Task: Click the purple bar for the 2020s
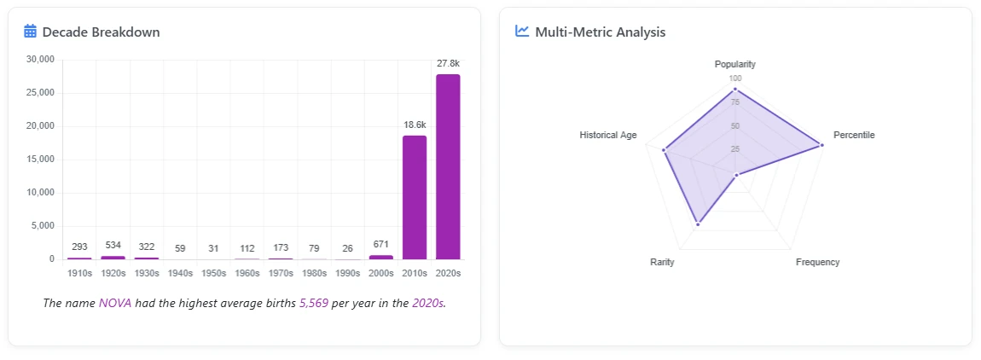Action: click(x=448, y=166)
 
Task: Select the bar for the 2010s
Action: click(x=415, y=197)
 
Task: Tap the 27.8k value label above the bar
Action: click(x=448, y=64)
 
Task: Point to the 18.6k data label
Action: click(x=415, y=125)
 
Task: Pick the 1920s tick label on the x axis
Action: click(x=113, y=273)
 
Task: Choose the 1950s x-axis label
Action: click(x=213, y=273)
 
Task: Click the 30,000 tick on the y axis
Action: click(x=41, y=60)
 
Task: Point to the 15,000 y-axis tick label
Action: click(x=41, y=160)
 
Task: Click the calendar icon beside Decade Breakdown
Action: click(x=30, y=32)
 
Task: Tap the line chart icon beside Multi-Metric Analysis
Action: click(x=522, y=32)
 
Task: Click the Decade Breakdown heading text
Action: click(x=101, y=32)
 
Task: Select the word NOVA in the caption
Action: click(x=115, y=304)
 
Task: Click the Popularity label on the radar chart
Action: click(x=734, y=65)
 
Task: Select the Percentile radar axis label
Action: click(x=854, y=135)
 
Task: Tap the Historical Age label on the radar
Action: click(x=607, y=135)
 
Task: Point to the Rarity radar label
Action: click(x=662, y=262)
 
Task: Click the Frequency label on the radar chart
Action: click(x=817, y=262)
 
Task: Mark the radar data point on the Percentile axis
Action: click(x=821, y=145)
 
